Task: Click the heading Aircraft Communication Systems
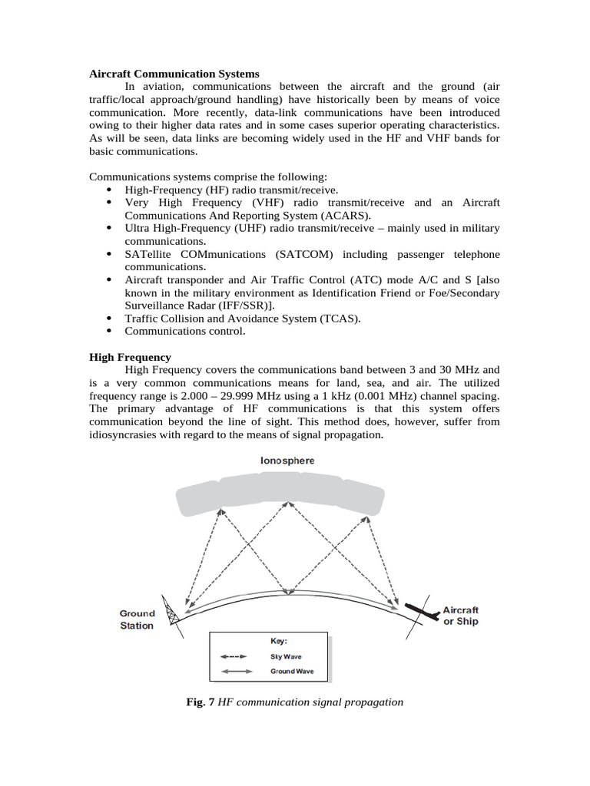tap(174, 74)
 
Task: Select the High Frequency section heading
tap(130, 357)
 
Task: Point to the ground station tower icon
tap(172, 610)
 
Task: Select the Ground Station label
tap(137, 619)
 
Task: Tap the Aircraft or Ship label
tap(461, 616)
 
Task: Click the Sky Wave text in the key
tap(286, 657)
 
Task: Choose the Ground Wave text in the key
tap(292, 672)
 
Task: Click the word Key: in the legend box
tap(279, 640)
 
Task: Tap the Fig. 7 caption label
tap(201, 702)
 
